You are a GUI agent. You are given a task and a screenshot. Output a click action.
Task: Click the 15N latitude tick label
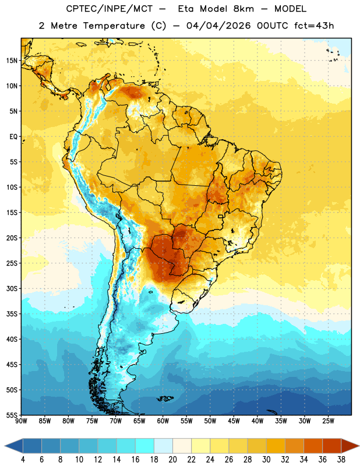(12, 61)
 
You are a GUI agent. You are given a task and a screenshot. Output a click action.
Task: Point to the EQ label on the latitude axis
(13, 137)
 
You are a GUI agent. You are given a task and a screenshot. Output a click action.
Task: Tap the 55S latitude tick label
(12, 415)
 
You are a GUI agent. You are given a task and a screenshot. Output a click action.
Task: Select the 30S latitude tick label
(12, 288)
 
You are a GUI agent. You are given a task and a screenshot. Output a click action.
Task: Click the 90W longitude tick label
(21, 421)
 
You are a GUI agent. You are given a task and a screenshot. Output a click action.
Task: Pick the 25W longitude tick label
(328, 421)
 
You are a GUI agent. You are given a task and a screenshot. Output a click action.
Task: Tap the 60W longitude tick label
(163, 421)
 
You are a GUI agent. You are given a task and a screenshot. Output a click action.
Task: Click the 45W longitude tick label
(234, 421)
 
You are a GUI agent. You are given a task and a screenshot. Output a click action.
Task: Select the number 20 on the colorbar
(172, 460)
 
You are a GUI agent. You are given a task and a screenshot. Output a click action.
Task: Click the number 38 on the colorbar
(341, 460)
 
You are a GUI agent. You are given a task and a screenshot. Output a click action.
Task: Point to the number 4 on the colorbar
(23, 460)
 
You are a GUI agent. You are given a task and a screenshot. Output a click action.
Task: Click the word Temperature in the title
(114, 26)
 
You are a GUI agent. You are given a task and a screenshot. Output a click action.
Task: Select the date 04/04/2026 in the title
(218, 26)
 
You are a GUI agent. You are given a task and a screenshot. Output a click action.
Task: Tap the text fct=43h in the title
(314, 26)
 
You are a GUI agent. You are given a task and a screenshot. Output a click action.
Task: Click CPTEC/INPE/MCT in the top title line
(110, 9)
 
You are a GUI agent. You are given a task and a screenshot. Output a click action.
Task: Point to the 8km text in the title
(243, 9)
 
